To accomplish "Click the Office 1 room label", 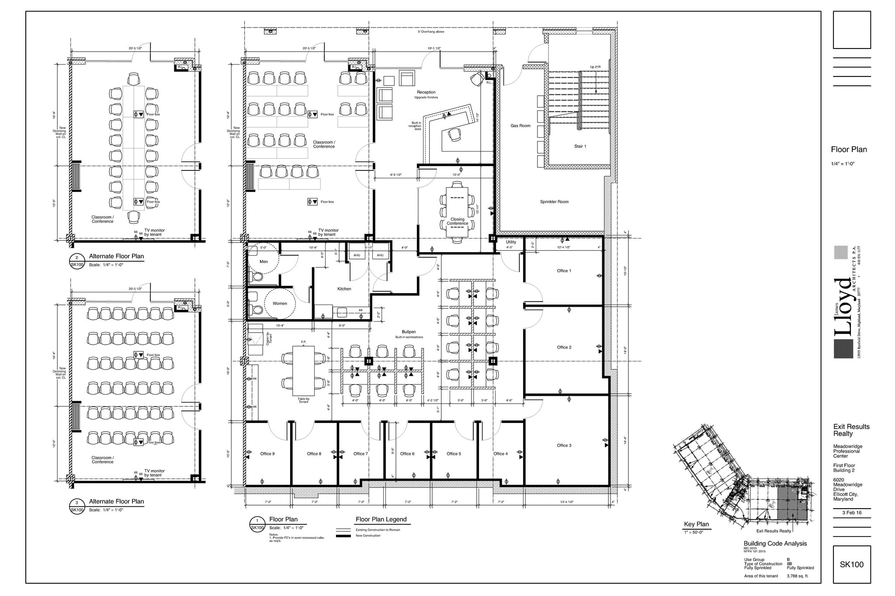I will click(564, 271).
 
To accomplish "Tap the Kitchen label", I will click(344, 289).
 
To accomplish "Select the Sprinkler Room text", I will click(554, 202).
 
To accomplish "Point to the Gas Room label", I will click(520, 126).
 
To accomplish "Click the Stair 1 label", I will click(580, 146).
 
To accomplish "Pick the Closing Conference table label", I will click(457, 222).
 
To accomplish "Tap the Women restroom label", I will click(280, 303).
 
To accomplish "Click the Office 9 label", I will click(267, 454).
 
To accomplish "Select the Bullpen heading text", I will click(409, 332).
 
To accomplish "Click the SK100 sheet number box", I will click(851, 565).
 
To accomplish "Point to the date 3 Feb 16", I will click(852, 513).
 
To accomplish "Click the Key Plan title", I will click(696, 524).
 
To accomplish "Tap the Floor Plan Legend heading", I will click(381, 520).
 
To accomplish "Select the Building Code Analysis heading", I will click(775, 544).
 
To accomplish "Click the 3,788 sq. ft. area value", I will click(798, 576).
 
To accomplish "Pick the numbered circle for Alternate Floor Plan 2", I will click(77, 258).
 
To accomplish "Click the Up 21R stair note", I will click(595, 67).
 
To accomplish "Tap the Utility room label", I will click(510, 242).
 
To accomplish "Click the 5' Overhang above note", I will click(431, 32).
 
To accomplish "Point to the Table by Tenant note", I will click(303, 400).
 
